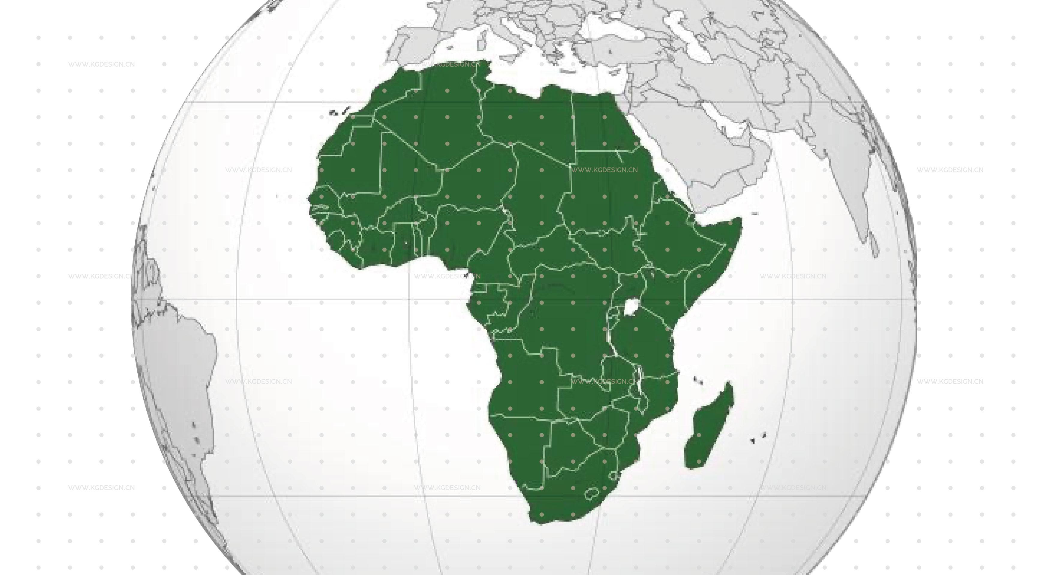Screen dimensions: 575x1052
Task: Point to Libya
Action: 527,119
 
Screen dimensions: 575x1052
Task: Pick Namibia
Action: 523,445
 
